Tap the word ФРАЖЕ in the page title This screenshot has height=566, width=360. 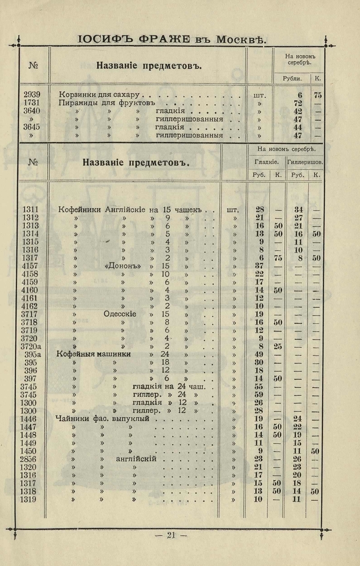point(163,39)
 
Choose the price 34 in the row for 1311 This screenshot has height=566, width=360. point(298,209)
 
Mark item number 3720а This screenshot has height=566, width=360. point(33,346)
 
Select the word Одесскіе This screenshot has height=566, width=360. point(122,314)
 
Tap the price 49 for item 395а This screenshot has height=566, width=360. point(259,355)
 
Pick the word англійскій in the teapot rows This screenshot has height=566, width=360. point(136,459)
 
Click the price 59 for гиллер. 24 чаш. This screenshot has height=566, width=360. point(259,395)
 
